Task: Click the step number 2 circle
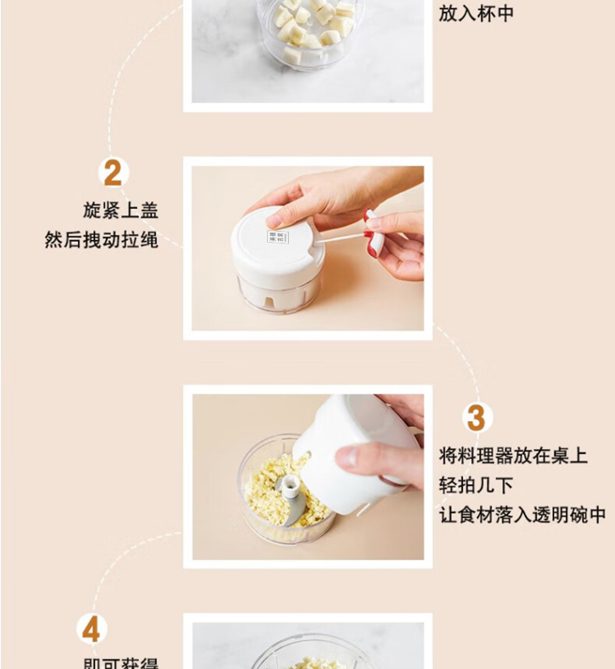[x=113, y=173]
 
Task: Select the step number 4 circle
[x=92, y=629]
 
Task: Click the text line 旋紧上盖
[x=121, y=210]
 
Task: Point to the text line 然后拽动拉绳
[x=102, y=240]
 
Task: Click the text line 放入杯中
[x=476, y=13]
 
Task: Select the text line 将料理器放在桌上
[x=512, y=456]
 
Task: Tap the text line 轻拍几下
[x=476, y=485]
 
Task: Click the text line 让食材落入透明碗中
[x=522, y=515]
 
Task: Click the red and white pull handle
[x=374, y=232]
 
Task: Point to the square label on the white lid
[x=278, y=236]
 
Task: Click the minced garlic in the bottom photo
[x=311, y=663]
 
